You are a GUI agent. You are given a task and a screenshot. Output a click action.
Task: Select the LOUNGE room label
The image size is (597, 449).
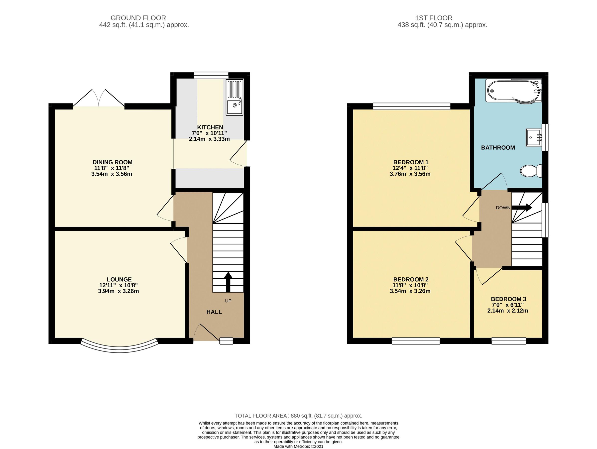coord(119,280)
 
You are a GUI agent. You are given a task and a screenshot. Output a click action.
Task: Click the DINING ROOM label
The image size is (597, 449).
coord(112,162)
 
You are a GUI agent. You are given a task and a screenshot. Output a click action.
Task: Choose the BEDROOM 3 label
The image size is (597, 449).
coord(508,299)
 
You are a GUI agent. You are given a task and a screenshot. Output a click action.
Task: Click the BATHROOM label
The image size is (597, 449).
coord(498,148)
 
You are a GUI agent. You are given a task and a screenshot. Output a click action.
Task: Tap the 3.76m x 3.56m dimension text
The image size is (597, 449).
coord(410,174)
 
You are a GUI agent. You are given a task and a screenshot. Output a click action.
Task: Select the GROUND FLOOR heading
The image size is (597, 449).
coord(138,18)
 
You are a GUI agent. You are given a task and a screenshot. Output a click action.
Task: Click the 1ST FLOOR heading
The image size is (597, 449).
coord(433,18)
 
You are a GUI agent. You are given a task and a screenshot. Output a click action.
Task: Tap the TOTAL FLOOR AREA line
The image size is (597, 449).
coord(298,416)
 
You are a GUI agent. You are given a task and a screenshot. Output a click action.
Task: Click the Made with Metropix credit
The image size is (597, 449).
coord(298,447)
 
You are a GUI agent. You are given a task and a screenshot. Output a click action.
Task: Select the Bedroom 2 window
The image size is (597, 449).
coord(416,341)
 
